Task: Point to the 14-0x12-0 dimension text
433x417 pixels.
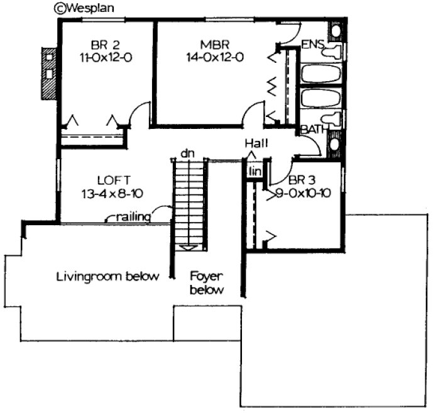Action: (214, 57)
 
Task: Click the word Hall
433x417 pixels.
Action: (257, 143)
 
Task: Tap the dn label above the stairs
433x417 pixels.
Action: (186, 152)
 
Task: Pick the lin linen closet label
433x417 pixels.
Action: (254, 172)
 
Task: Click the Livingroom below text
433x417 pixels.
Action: (107, 276)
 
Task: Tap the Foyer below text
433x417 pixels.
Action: (207, 282)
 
